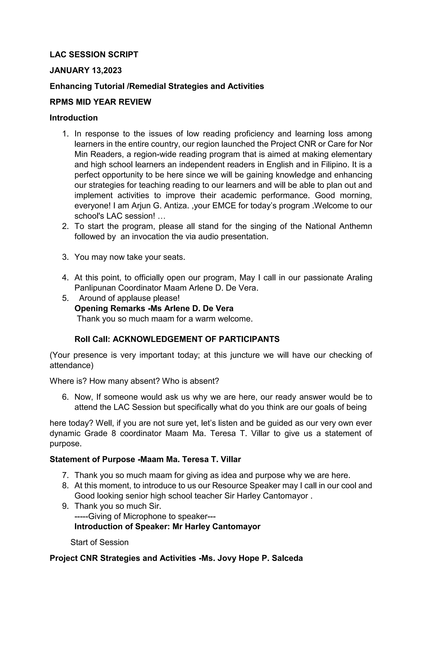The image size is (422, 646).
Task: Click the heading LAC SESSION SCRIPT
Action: pyautogui.click(x=94, y=55)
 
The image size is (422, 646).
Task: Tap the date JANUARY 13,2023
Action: pyautogui.click(x=86, y=71)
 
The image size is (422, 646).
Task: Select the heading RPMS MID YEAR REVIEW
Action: pyautogui.click(x=100, y=102)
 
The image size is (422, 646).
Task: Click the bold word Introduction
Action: pyautogui.click(x=74, y=118)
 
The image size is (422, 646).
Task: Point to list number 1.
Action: pyautogui.click(x=65, y=134)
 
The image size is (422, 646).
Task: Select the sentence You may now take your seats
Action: pyautogui.click(x=130, y=257)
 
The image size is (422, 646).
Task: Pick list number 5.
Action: pyautogui.click(x=65, y=298)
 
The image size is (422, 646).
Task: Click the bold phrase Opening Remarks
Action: pyautogui.click(x=110, y=309)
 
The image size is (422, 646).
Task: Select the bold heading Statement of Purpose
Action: pyautogui.click(x=92, y=460)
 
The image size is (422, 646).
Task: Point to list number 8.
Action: pyautogui.click(x=65, y=486)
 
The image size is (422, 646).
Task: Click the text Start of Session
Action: pyautogui.click(x=99, y=542)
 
